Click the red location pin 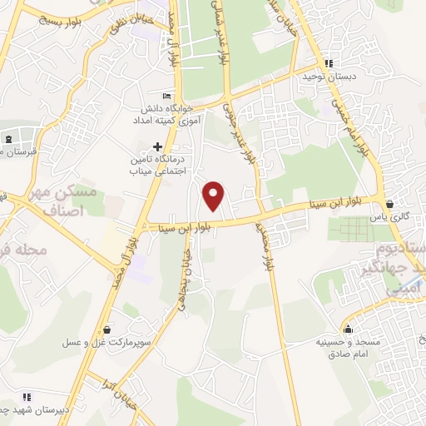click(x=215, y=195)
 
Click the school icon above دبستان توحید click(x=329, y=62)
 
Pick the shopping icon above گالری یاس click(x=389, y=203)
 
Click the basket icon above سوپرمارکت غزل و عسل click(x=105, y=328)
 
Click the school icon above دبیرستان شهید click(x=26, y=397)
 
